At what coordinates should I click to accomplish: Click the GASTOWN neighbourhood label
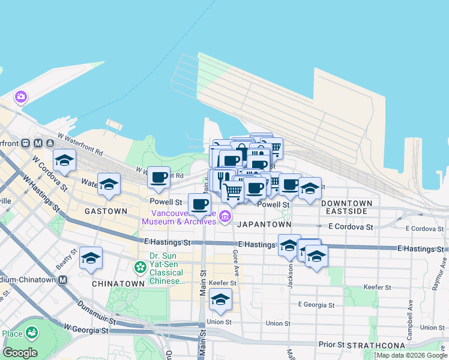[x=106, y=211]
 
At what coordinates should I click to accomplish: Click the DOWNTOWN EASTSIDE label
[x=347, y=207]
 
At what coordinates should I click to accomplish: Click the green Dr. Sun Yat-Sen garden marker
[x=140, y=266]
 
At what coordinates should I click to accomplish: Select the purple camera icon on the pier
[x=21, y=97]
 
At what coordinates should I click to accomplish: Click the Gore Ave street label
[x=236, y=264]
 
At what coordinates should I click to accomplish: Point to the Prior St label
[x=332, y=345]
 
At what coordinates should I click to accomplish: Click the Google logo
[x=20, y=353]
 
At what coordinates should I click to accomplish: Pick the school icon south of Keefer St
[x=221, y=299]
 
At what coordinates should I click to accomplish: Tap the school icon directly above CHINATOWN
[x=91, y=257]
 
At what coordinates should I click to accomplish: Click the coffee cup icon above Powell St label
[x=158, y=177]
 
